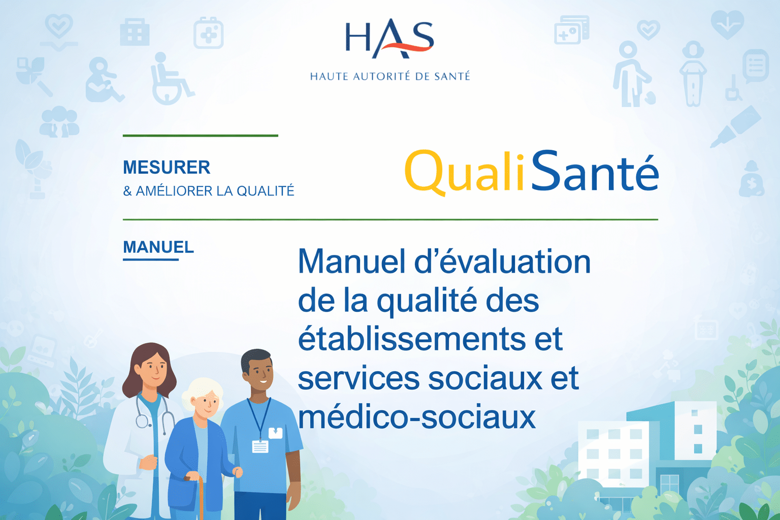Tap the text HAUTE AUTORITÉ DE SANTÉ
click(x=390, y=77)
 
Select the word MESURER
click(x=167, y=167)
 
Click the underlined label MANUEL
click(x=158, y=247)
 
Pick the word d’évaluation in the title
click(x=502, y=262)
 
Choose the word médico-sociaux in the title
click(x=416, y=417)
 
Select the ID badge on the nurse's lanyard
click(x=260, y=446)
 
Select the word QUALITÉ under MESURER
click(x=265, y=191)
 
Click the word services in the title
click(x=359, y=378)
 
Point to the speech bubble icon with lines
click(x=756, y=66)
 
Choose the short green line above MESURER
click(x=200, y=136)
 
